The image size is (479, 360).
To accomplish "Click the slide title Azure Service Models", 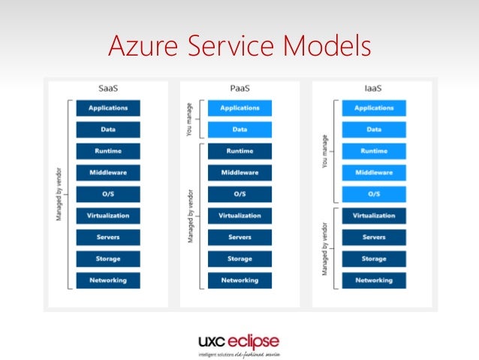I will tap(239, 46).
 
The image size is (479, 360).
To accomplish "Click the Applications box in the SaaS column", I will tap(108, 108).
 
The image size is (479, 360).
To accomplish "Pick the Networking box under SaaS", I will tap(108, 280).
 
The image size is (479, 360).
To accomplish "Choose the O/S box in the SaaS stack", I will tap(108, 194).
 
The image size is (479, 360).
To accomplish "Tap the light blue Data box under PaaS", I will tap(239, 129).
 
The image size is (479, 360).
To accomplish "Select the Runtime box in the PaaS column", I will tap(239, 151).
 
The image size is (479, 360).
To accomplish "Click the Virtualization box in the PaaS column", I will tap(239, 216).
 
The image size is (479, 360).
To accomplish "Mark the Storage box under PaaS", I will tap(239, 259).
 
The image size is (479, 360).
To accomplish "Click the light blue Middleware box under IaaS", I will tap(373, 172).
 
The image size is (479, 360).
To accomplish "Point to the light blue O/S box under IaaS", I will tap(373, 194).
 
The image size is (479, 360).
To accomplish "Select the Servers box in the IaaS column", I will tap(373, 237).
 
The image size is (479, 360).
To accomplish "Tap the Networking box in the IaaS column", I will tap(373, 280).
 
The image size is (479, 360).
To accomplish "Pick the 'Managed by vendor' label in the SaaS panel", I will tap(59, 194).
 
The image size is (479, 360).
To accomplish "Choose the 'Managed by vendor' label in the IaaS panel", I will tap(323, 248).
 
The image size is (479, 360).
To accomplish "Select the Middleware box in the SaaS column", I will tap(108, 172).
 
